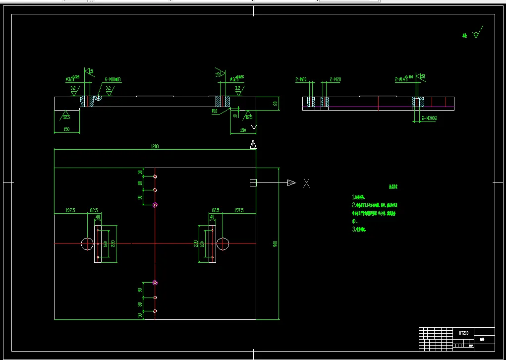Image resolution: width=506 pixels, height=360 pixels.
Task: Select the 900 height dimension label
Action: click(275, 243)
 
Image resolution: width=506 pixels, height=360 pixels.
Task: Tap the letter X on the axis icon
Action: click(307, 183)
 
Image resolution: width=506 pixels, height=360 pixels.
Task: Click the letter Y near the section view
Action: click(254, 129)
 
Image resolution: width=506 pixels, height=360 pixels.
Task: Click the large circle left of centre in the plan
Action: click(87, 243)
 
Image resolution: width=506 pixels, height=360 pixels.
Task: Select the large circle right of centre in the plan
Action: click(223, 243)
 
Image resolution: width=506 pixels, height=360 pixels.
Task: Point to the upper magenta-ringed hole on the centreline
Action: click(155, 205)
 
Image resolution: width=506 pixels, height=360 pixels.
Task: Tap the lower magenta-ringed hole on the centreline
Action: click(155, 283)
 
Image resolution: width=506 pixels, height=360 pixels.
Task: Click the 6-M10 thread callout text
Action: click(113, 79)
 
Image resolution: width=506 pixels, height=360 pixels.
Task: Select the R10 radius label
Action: click(215, 112)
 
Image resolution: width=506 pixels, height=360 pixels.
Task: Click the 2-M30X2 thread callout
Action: click(430, 119)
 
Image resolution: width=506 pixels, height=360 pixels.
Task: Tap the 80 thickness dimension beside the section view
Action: click(275, 104)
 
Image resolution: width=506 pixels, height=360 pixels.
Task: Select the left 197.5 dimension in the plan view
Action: click(70, 211)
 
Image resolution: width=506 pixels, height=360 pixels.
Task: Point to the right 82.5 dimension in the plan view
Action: click(216, 211)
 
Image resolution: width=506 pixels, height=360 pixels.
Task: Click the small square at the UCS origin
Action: click(253, 182)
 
